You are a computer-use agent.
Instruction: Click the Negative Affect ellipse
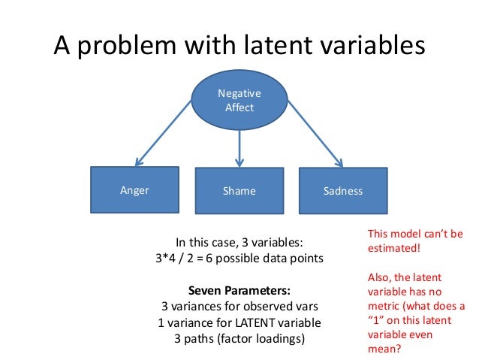click(239, 101)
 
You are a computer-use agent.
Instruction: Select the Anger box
click(135, 190)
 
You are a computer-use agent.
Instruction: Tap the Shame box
click(239, 191)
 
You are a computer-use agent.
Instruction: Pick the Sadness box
click(343, 191)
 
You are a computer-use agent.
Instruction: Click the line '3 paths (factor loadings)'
click(239, 338)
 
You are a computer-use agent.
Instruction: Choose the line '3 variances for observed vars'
click(239, 307)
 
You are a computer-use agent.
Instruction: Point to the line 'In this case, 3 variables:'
click(239, 243)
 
